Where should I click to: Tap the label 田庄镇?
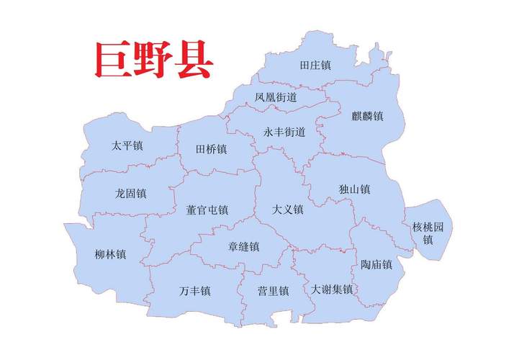point(315,65)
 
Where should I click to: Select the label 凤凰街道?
point(276,96)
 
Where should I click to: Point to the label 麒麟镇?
point(367,115)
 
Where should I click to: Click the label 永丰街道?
point(284,132)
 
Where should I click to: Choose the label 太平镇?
point(127,145)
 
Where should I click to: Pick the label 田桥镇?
point(211,150)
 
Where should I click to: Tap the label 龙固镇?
point(130,193)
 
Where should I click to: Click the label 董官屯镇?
point(207,210)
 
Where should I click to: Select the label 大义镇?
point(288,210)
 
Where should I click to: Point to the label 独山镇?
point(354,189)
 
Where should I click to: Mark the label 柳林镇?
point(110,253)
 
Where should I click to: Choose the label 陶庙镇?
point(377,264)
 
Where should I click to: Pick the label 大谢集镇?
point(332,289)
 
